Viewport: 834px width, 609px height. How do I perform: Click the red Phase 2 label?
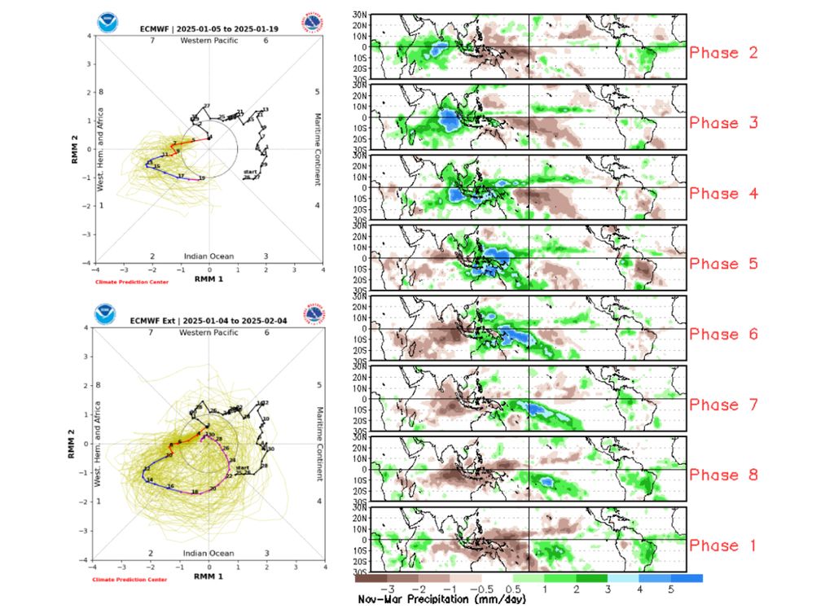(723, 53)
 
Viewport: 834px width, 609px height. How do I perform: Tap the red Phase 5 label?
(723, 264)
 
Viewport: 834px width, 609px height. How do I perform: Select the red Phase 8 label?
(723, 475)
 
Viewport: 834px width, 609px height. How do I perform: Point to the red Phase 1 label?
(723, 545)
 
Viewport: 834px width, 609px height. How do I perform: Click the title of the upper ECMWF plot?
(208, 29)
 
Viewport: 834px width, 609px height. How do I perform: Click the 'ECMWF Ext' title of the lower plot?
(208, 321)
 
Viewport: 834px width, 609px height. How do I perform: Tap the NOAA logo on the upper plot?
(107, 22)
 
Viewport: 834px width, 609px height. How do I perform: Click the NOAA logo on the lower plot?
(107, 313)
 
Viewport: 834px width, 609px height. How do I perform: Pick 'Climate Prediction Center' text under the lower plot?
(130, 579)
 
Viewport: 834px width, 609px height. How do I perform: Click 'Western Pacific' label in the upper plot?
(208, 40)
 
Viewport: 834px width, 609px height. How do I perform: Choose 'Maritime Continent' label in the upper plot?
(318, 148)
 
